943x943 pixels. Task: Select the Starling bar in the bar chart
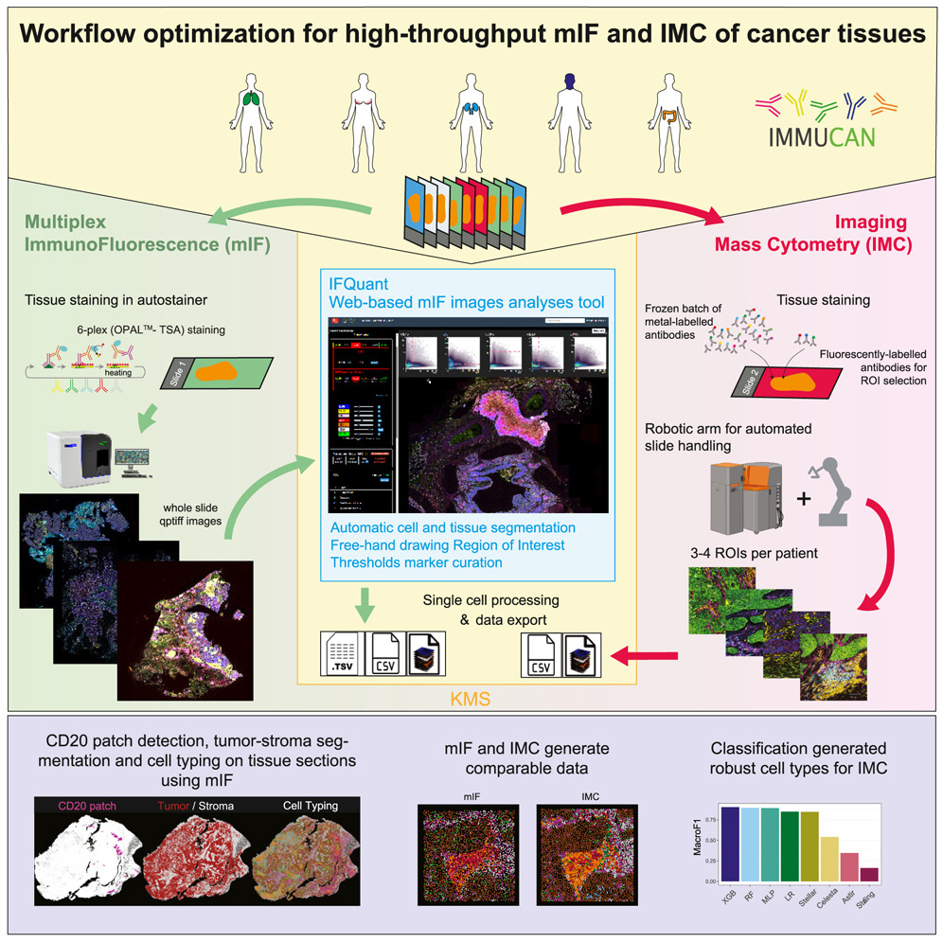click(869, 874)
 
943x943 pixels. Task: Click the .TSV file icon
click(338, 653)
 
